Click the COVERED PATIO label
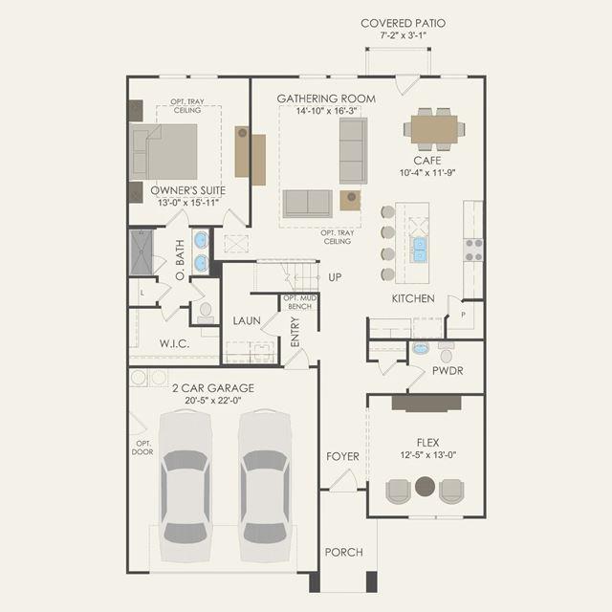[x=403, y=23]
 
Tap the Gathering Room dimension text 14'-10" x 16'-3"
[x=326, y=111]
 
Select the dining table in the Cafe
[x=434, y=129]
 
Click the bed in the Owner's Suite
[x=164, y=152]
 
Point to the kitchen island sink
[x=419, y=250]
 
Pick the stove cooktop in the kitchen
[x=473, y=250]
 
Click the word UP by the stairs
[x=335, y=277]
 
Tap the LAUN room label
[x=247, y=321]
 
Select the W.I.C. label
[x=174, y=344]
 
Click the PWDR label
[x=448, y=371]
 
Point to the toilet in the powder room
[x=447, y=352]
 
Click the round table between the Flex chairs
[x=425, y=487]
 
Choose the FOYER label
[x=342, y=456]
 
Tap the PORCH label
[x=344, y=553]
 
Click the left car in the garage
[x=185, y=487]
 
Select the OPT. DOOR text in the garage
[x=142, y=448]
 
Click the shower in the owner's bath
[x=142, y=252]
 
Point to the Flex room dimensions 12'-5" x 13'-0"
[x=428, y=455]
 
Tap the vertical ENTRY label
[x=295, y=332]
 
